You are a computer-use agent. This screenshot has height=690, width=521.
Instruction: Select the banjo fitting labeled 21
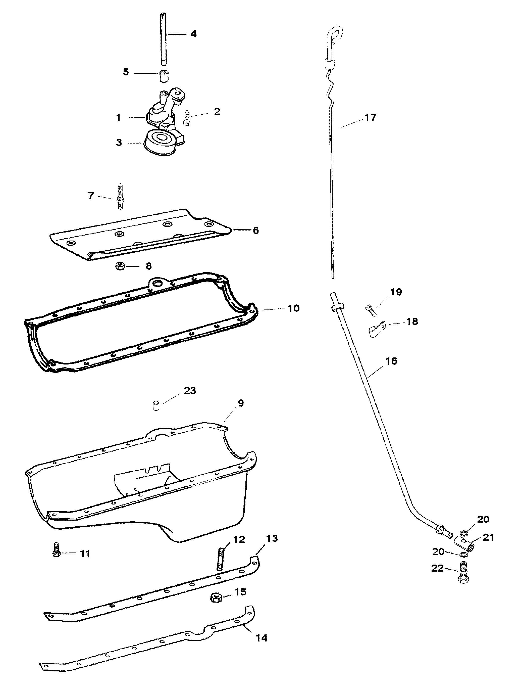tap(464, 548)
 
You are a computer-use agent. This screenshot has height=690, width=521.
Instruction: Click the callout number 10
tap(293, 308)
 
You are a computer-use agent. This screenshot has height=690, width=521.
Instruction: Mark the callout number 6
tap(255, 231)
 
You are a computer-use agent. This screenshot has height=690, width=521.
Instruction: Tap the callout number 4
tap(193, 34)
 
